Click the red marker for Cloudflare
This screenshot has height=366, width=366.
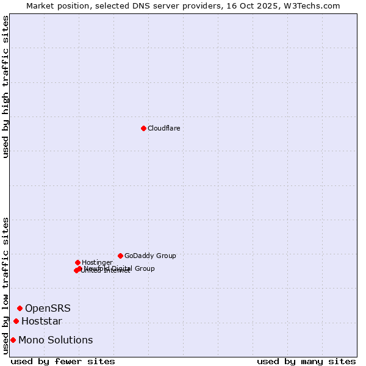[x=143, y=128]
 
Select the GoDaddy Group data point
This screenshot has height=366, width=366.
[x=120, y=256]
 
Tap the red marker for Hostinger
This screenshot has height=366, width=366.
[x=77, y=262]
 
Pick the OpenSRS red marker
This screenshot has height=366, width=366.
[x=20, y=308]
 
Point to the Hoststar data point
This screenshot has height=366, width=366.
[x=16, y=321]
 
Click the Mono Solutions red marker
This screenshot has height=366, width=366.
[x=13, y=340]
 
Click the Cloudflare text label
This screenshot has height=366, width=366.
[x=163, y=128]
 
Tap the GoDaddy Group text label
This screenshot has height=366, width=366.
[x=150, y=256]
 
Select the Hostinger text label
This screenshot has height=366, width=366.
[x=97, y=262]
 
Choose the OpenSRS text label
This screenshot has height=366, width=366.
[x=48, y=308]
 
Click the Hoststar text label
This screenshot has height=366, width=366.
[x=41, y=321]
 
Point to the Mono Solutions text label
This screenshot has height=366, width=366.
[x=56, y=340]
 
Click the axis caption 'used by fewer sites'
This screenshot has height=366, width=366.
[x=63, y=361]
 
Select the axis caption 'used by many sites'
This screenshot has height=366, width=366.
[x=306, y=361]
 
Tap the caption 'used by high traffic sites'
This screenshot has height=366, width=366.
[x=6, y=87]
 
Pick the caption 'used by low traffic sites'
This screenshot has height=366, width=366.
[x=6, y=285]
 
